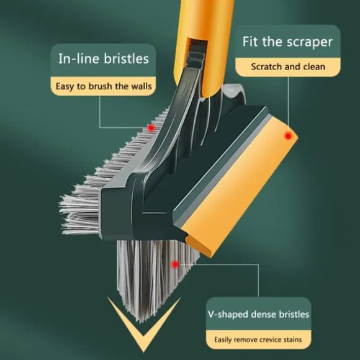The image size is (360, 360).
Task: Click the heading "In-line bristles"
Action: pyautogui.click(x=104, y=58)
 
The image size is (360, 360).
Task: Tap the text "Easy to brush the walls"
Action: pyautogui.click(x=104, y=86)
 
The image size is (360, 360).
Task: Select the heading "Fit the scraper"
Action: pyautogui.click(x=287, y=42)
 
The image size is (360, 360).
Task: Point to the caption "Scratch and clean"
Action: pyautogui.click(x=288, y=66)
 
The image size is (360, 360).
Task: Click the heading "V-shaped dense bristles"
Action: pyautogui.click(x=259, y=314)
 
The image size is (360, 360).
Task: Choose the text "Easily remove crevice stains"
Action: pyautogui.click(x=258, y=340)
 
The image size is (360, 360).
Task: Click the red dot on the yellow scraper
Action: pyautogui.click(x=288, y=136)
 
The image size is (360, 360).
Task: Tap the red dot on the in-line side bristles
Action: pyautogui.click(x=151, y=128)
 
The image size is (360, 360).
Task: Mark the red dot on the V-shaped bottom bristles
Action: pyautogui.click(x=175, y=264)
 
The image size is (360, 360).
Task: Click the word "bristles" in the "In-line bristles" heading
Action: pyautogui.click(x=126, y=58)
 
